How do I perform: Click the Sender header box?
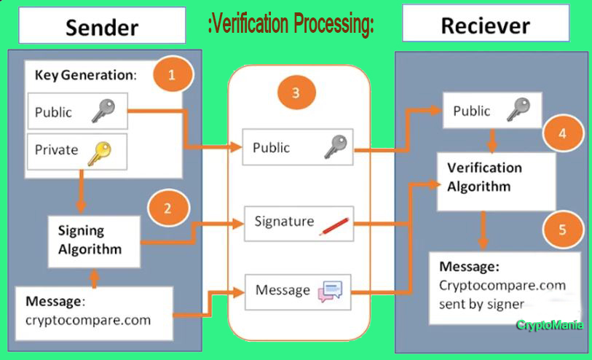[x=102, y=26]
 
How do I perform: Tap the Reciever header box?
[x=485, y=26]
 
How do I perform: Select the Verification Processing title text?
[x=291, y=25]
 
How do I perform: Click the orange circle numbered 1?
[x=172, y=75]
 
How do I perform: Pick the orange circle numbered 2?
[x=167, y=208]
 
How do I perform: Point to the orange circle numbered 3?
[x=295, y=93]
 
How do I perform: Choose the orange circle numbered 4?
[x=561, y=135]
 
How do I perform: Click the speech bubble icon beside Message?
[x=329, y=292]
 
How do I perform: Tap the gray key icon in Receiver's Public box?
[x=518, y=111]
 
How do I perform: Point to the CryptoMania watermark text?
[x=550, y=326]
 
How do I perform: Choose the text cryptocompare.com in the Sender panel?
[x=88, y=319]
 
